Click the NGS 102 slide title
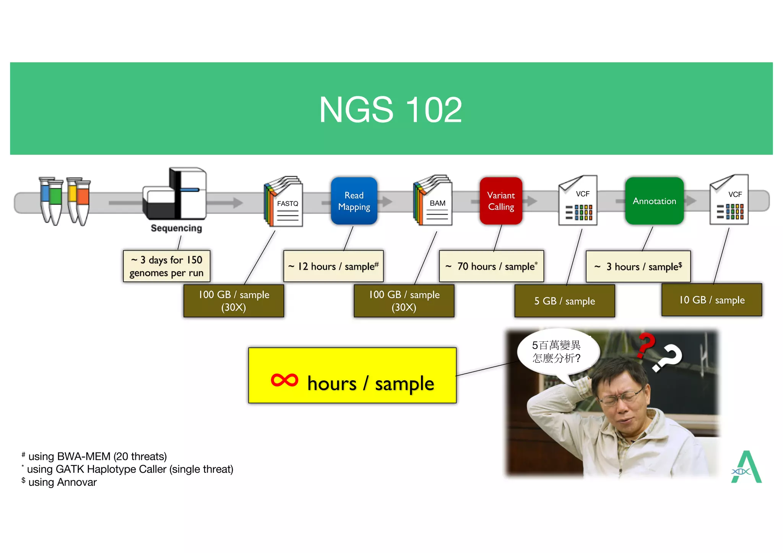pos(390,110)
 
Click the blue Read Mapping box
pos(354,201)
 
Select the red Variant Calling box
pos(501,201)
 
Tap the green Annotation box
pos(654,201)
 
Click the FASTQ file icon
pos(284,203)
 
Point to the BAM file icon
pos(433,202)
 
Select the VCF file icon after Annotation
pos(729,200)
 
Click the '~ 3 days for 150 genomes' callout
pos(167,266)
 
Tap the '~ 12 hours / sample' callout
pos(333,266)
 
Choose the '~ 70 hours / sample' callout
pos(491,266)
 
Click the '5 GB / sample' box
pos(565,301)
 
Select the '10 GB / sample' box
pos(712,300)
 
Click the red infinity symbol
pos(284,380)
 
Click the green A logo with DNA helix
pos(746,467)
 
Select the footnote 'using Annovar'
pos(62,482)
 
